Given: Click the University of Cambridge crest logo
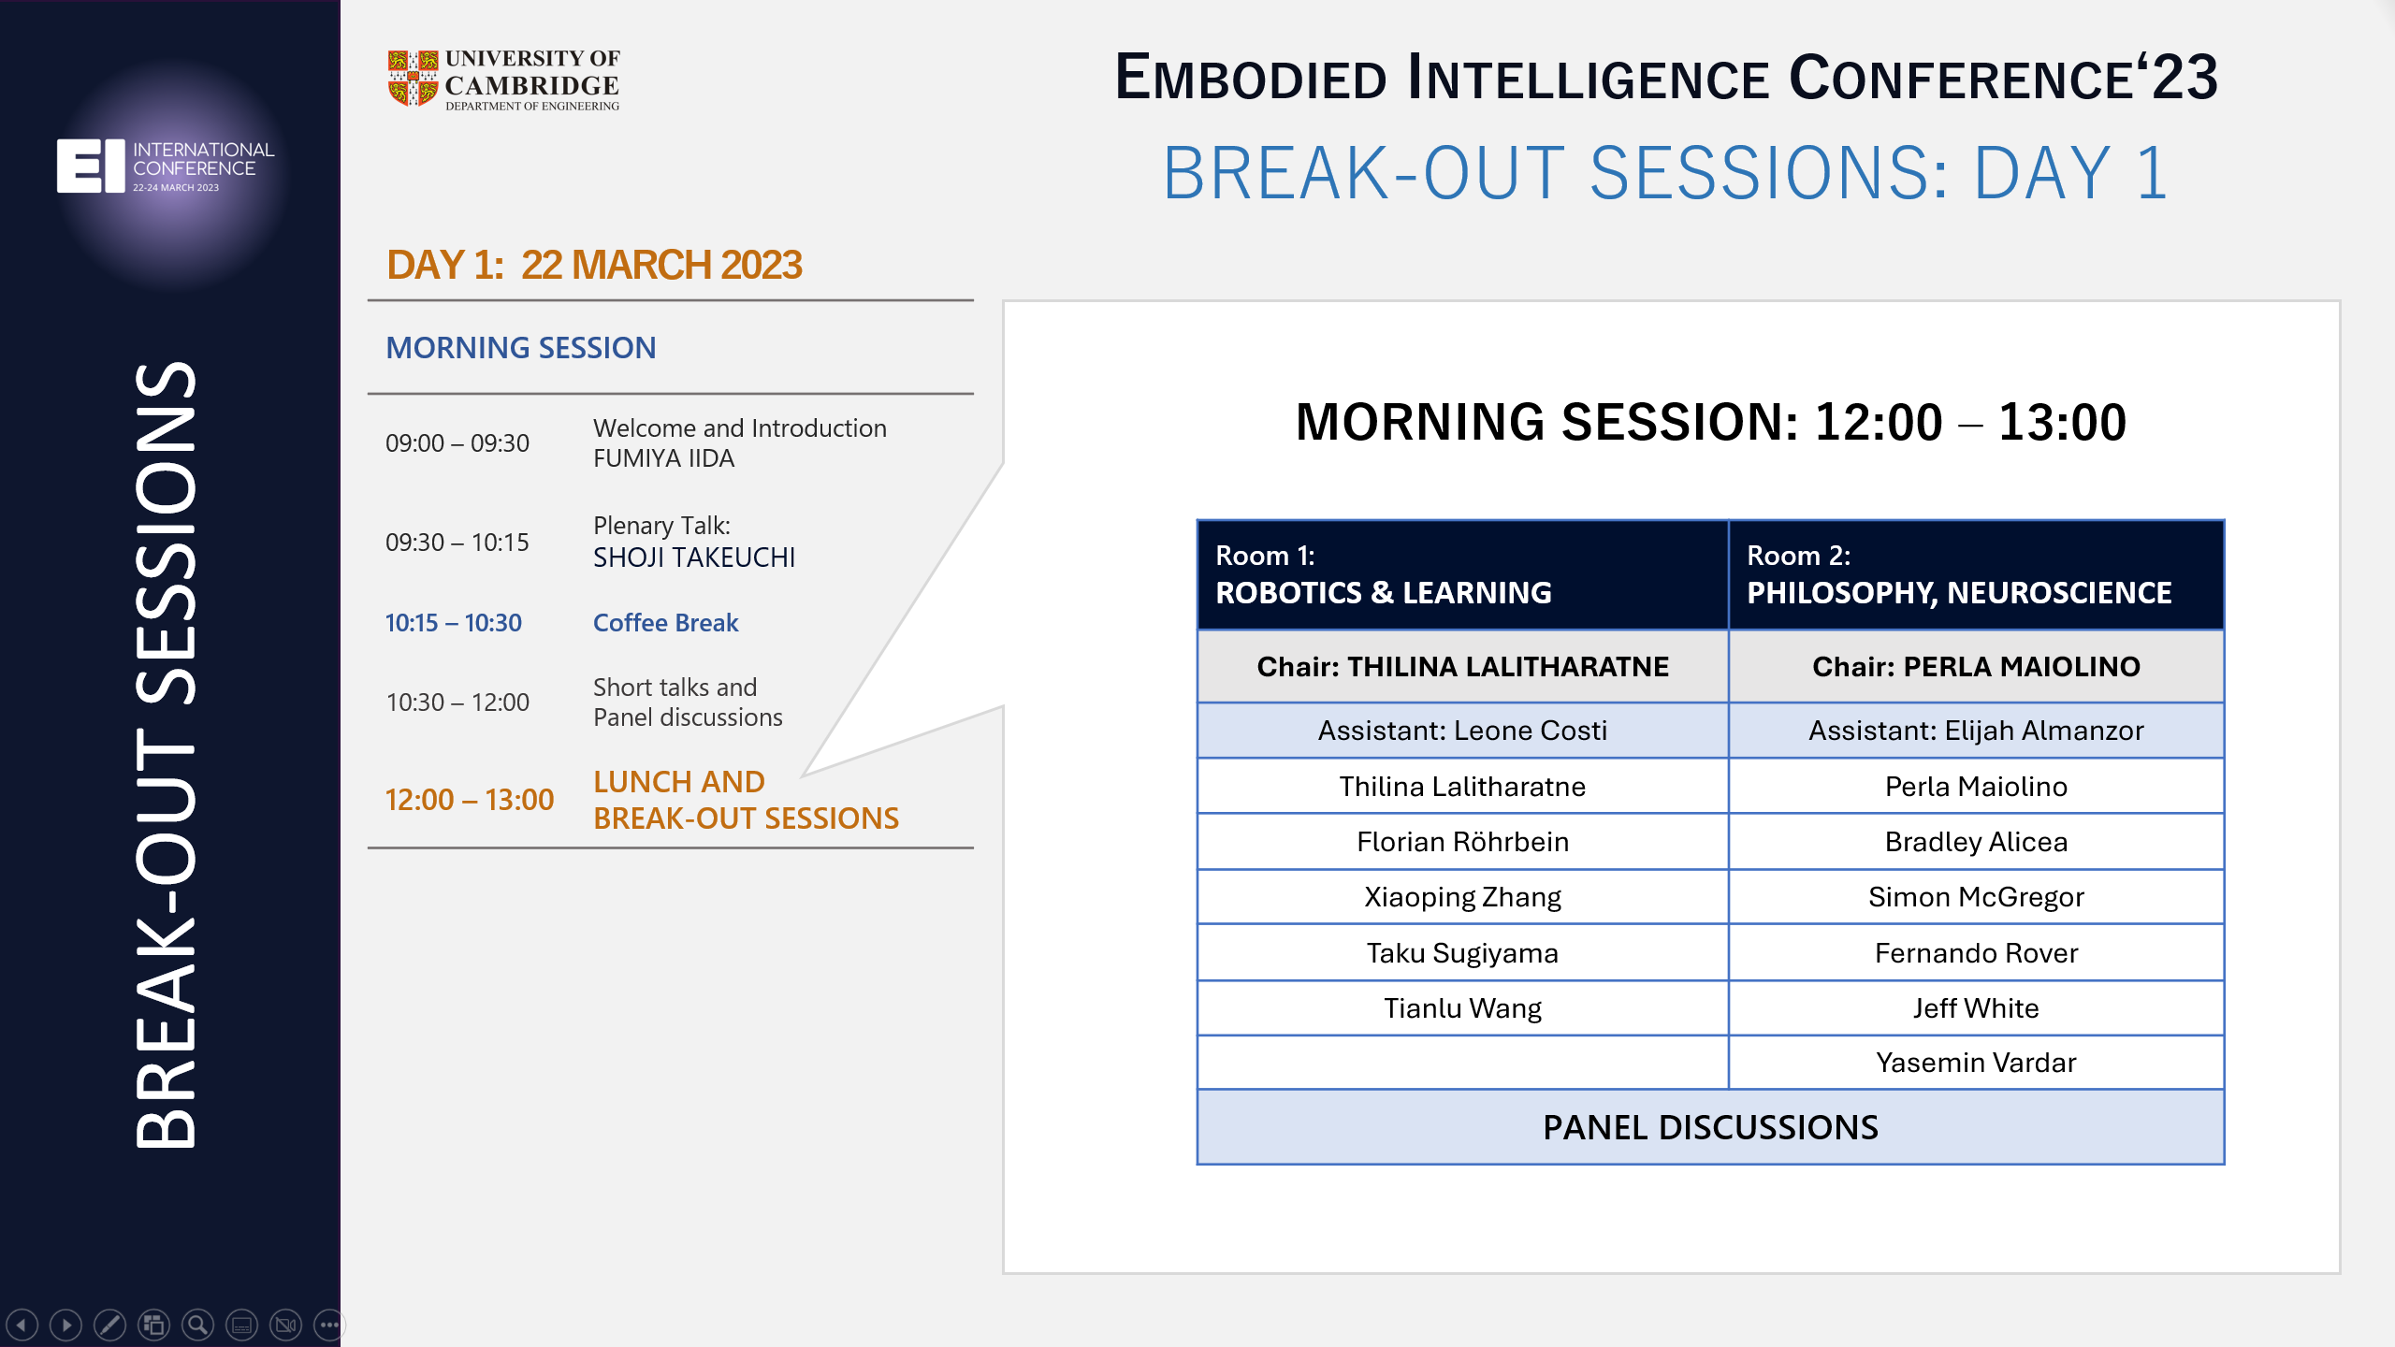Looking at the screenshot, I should click(413, 79).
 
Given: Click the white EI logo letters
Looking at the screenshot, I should click(91, 166).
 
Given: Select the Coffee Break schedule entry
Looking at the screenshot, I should click(665, 623).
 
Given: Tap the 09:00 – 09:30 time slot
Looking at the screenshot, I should click(457, 443).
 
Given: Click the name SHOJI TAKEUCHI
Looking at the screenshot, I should click(693, 558).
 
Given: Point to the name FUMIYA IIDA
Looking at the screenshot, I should click(663, 459).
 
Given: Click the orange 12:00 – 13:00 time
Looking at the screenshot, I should click(470, 801).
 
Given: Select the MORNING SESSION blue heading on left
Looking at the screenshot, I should click(521, 348).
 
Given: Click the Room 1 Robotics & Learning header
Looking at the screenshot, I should click(1461, 574).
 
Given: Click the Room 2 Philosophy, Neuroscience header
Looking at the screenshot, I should click(1975, 574).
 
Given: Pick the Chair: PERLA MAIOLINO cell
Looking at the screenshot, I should click(1975, 667).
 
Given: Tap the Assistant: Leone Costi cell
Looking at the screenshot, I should click(1461, 731).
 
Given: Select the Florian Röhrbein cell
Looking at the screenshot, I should click(1461, 842).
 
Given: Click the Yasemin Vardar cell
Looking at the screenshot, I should click(1975, 1063).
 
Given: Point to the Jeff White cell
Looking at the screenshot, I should click(1975, 1008).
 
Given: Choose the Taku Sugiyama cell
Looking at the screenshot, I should click(1461, 953).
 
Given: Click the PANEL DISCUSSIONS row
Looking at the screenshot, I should click(1709, 1127).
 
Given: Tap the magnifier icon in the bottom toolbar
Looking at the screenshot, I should click(197, 1325).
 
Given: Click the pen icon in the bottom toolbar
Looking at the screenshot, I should click(109, 1325).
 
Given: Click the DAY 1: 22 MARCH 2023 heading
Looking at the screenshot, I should click(594, 266).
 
